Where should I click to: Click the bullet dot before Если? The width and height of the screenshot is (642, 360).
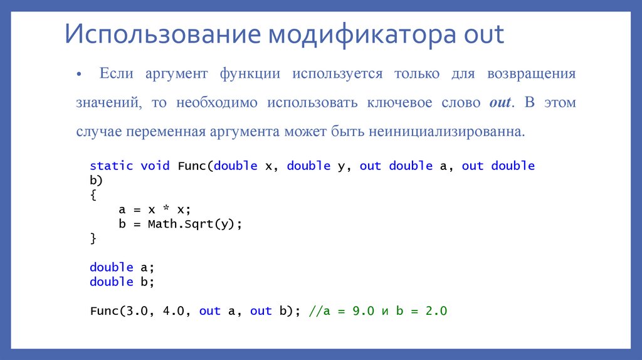[79, 75]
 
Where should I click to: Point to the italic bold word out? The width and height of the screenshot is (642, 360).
[500, 103]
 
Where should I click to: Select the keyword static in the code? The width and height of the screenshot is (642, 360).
[111, 166]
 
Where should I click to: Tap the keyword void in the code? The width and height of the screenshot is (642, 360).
[155, 166]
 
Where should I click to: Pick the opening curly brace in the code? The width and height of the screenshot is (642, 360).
[93, 195]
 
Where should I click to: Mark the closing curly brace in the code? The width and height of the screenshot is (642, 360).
[93, 238]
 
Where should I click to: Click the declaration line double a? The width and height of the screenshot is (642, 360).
[122, 267]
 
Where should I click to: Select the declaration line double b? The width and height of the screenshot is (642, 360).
[122, 282]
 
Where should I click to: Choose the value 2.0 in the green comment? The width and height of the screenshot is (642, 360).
[436, 310]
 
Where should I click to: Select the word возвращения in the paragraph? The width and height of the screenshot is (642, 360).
[531, 74]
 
